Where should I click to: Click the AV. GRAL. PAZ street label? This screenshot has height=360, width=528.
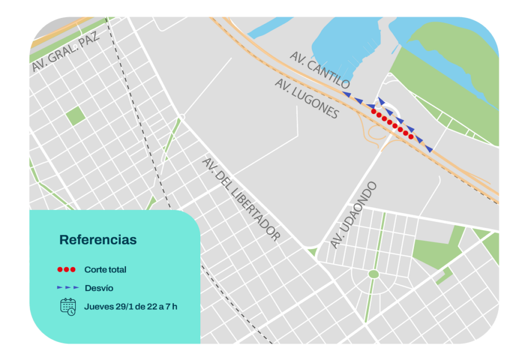click(x=65, y=50)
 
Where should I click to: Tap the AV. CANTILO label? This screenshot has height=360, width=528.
click(x=320, y=69)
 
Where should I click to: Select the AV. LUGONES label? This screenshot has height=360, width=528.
click(x=307, y=99)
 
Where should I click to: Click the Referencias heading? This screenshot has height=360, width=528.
click(x=98, y=240)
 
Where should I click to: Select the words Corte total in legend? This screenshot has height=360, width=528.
click(x=105, y=270)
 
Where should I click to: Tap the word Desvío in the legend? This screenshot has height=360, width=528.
click(x=98, y=288)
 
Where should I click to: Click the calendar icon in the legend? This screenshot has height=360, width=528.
click(x=68, y=306)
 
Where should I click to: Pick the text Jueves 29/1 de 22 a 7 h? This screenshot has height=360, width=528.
click(x=130, y=306)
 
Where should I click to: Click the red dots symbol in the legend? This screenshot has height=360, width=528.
click(x=66, y=270)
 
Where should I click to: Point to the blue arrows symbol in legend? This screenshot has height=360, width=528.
click(x=68, y=287)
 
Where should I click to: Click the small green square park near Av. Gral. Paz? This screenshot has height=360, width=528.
click(x=75, y=116)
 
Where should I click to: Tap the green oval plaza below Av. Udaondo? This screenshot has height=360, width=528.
click(x=373, y=274)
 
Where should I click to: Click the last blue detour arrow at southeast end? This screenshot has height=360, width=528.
click(x=428, y=149)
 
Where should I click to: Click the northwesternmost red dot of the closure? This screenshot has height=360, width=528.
click(x=373, y=111)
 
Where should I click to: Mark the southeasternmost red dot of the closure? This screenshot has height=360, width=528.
click(x=411, y=137)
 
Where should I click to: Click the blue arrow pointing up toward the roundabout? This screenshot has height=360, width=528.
click(x=381, y=100)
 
